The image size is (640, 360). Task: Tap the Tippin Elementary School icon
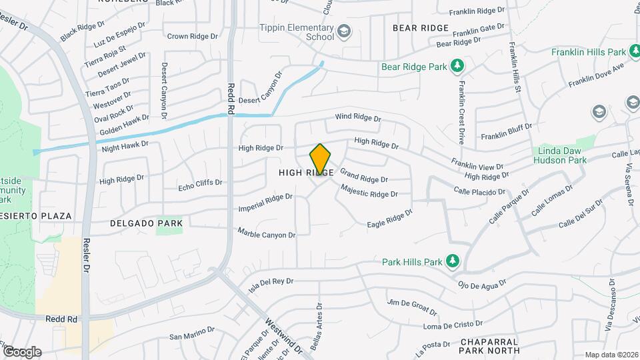343,31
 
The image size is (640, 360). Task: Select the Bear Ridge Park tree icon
457,65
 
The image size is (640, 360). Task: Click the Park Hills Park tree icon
453,260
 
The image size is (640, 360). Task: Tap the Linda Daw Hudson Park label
562,155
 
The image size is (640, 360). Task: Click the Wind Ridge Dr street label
357,118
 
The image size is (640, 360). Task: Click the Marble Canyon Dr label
267,234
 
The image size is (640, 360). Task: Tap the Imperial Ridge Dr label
265,203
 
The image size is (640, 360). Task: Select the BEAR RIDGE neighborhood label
421,29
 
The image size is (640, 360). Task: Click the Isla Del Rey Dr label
271,285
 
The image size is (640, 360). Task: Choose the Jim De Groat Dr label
411,307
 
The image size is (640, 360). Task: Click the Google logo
21,352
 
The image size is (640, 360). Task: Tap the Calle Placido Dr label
479,191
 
